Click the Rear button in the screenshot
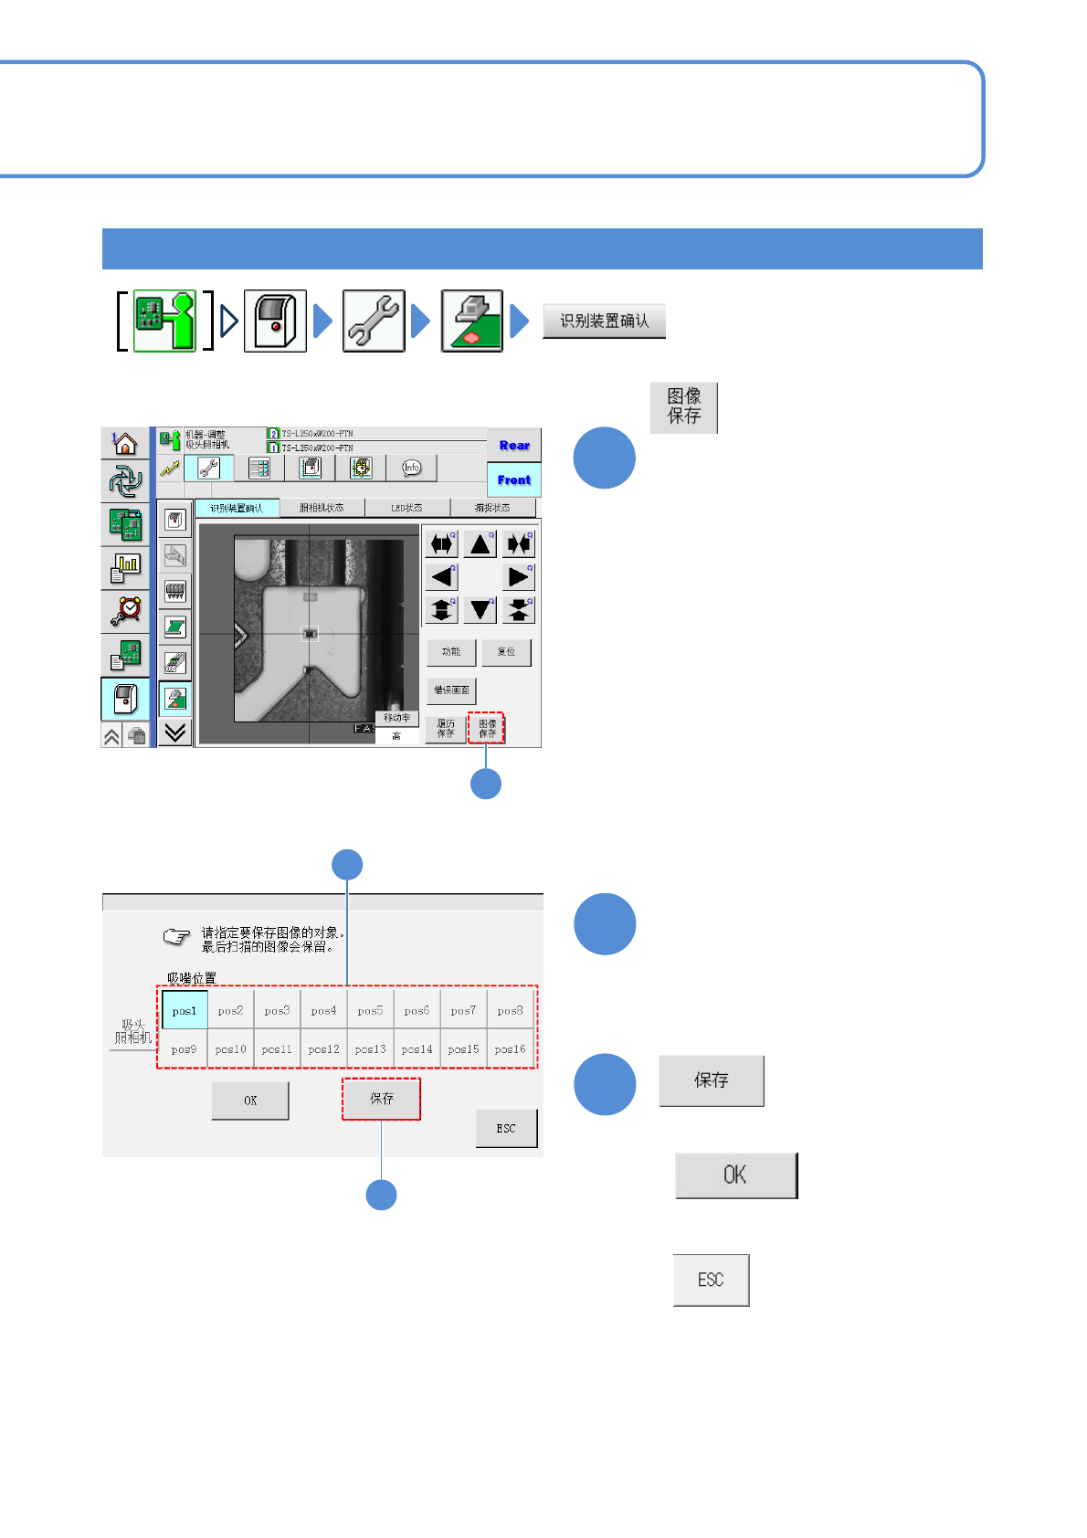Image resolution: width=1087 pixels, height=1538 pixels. (514, 446)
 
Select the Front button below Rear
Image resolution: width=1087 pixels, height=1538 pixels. (514, 479)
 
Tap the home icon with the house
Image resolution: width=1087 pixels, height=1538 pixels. (125, 444)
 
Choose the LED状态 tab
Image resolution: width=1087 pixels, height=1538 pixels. (406, 508)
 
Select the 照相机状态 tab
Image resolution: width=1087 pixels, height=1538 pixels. (322, 508)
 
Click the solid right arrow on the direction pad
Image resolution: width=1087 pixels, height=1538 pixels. (519, 577)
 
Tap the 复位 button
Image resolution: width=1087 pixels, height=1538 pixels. (506, 652)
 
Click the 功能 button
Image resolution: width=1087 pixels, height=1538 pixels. (451, 652)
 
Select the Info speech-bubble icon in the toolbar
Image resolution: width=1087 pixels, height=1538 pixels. (411, 468)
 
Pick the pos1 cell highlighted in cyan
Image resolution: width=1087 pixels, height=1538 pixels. (185, 1011)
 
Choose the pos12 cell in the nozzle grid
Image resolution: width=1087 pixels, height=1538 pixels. (324, 1049)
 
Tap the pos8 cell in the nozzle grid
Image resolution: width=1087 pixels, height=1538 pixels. (510, 1011)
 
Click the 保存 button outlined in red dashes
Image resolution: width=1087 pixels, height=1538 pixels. (382, 1099)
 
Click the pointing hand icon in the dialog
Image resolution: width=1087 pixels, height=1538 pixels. (176, 937)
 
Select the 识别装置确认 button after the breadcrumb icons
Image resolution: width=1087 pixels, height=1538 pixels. (604, 321)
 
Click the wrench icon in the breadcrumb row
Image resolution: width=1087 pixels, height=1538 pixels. (374, 321)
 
